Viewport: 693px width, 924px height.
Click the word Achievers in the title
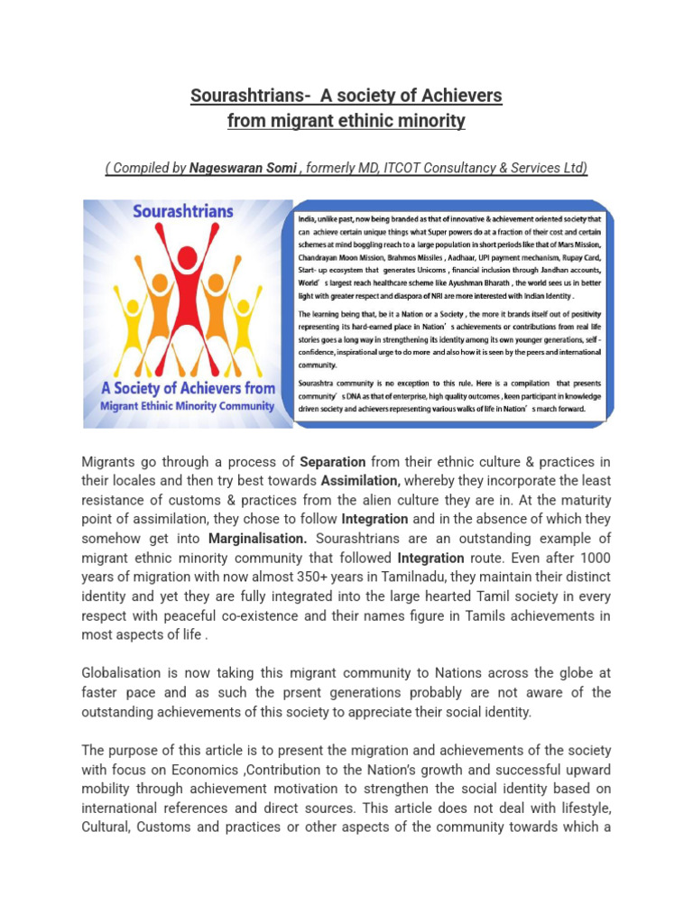point(461,96)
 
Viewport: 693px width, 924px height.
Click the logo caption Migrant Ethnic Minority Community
point(186,405)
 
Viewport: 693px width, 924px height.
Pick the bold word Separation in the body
point(333,462)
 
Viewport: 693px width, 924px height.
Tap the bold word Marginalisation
point(258,538)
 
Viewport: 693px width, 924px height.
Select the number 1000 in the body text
point(596,557)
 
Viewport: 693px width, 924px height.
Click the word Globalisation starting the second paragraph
point(122,673)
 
